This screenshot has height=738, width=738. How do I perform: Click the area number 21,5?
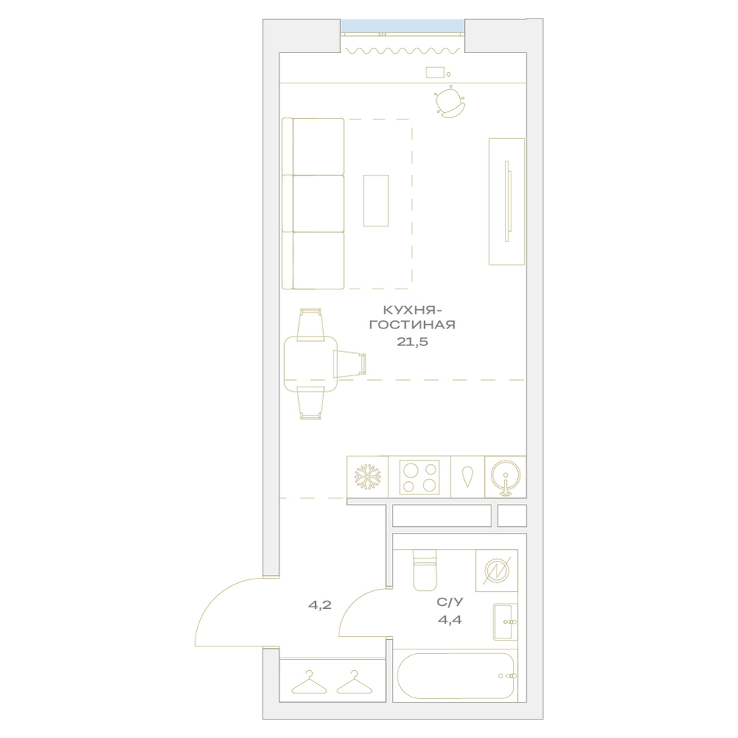point(413,342)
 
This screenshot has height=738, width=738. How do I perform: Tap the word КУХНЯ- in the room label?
point(413,310)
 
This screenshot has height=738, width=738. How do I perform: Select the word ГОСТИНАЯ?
point(413,325)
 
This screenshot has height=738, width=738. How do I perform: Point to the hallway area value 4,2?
point(320,605)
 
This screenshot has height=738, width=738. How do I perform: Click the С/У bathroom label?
point(450,602)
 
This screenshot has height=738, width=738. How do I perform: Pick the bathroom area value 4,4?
point(450,620)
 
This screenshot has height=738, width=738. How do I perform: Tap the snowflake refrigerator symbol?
point(368,477)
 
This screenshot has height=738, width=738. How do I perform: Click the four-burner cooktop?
point(419,477)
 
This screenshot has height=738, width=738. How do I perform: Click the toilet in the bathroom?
point(424,570)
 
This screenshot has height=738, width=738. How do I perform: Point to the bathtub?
point(455,676)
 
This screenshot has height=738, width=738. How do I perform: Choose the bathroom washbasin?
point(505,621)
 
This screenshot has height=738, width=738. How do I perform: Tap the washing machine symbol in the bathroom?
point(497,570)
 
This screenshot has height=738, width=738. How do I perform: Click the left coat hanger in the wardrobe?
point(309,683)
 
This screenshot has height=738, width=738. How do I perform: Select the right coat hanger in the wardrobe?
point(354,683)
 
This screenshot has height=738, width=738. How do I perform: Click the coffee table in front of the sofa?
point(376,201)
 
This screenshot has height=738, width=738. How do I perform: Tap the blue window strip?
point(402,26)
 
